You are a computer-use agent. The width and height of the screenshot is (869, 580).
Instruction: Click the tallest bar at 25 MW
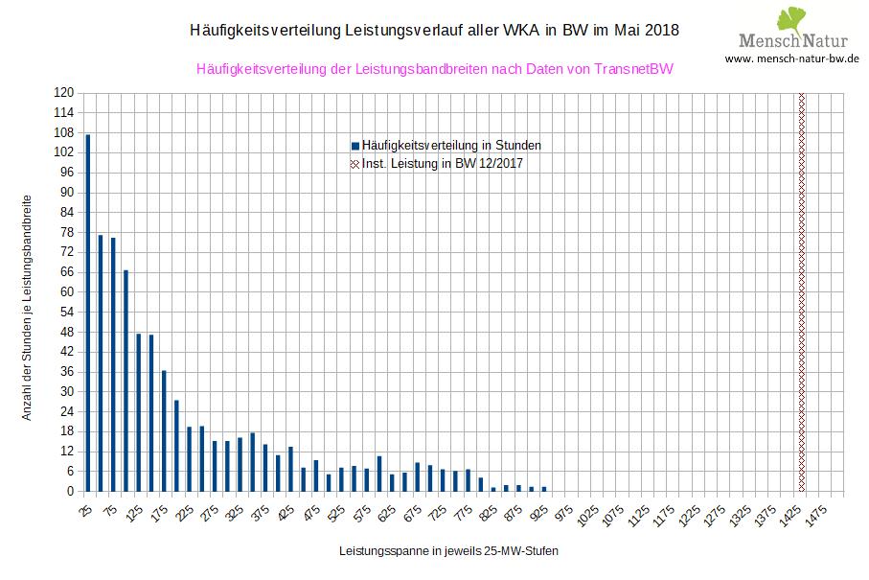tap(88, 313)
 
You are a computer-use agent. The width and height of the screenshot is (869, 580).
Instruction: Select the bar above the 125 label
tap(138, 412)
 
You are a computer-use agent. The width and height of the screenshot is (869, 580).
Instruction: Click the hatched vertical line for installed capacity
tap(801, 292)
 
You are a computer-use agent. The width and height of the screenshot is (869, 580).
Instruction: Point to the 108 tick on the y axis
tap(64, 132)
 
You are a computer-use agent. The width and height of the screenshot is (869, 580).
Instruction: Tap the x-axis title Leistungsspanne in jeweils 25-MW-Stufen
tap(447, 552)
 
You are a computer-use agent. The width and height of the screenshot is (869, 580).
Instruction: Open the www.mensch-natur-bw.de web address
tap(791, 58)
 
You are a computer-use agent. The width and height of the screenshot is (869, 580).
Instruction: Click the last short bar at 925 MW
tap(543, 489)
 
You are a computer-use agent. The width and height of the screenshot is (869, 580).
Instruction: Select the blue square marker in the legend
tap(354, 146)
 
